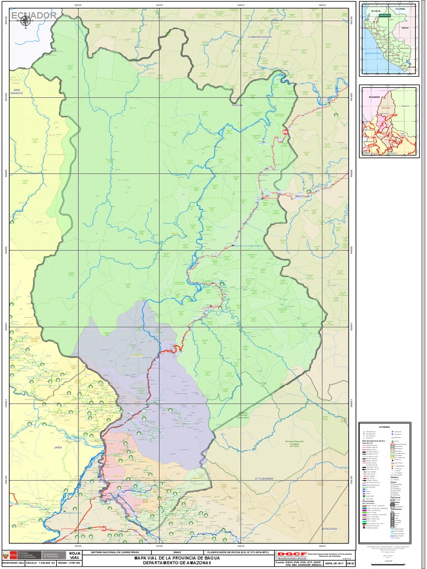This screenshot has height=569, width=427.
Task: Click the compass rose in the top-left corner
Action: click(25, 21)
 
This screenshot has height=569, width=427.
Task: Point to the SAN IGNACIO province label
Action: click(17, 92)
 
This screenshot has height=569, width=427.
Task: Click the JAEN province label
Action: click(58, 447)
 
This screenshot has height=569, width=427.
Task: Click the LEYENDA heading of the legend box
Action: click(385, 427)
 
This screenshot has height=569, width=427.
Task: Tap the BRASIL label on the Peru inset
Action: click(405, 27)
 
